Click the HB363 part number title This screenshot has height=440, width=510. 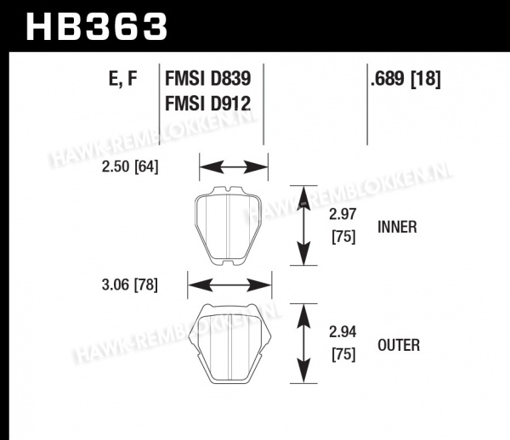coord(97,26)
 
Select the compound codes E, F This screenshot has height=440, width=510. coord(123,79)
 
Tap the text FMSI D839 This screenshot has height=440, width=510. coord(208,78)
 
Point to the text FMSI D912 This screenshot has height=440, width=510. coord(208,104)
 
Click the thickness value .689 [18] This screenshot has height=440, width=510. coord(405,79)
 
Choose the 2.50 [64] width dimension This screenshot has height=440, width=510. coord(130,167)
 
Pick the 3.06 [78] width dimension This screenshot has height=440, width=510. coord(130,285)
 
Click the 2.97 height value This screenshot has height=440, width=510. coord(343,214)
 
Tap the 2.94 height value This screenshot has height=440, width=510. coord(343,332)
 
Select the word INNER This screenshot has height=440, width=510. coord(397,227)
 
